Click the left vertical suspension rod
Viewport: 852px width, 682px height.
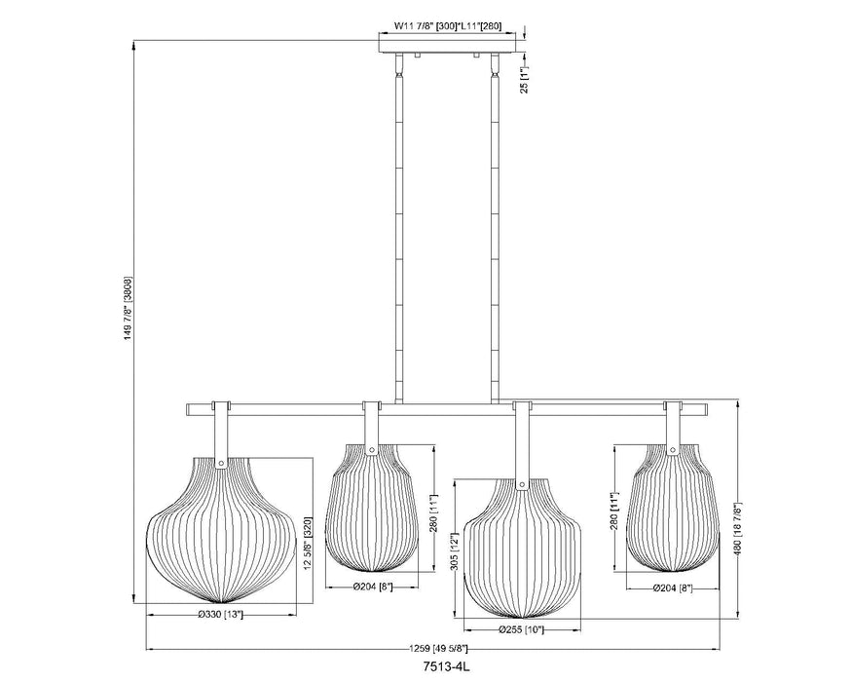[x=398, y=234]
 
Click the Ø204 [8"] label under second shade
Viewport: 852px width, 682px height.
[x=372, y=587]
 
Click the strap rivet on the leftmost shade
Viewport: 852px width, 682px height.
[x=222, y=464]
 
